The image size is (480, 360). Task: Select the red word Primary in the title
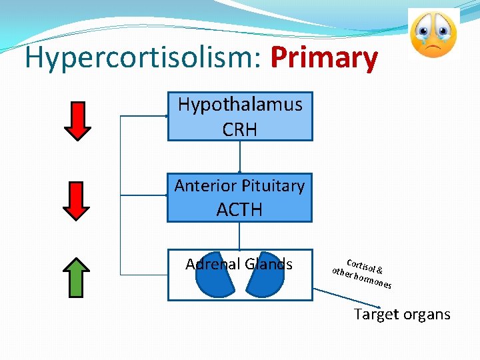coord(324,59)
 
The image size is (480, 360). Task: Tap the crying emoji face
coord(433,34)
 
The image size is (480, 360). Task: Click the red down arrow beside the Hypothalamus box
coord(80,120)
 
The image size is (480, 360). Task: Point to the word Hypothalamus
coord(240,105)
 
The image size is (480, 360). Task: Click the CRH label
coord(240,129)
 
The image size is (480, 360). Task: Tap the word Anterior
coord(203,186)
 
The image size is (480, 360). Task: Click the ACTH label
coord(239,210)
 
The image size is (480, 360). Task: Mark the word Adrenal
coord(213,264)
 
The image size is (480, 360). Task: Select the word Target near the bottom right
coord(376,314)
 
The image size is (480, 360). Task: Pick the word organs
coord(426,314)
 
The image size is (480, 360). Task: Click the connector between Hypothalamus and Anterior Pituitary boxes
coord(239,157)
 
